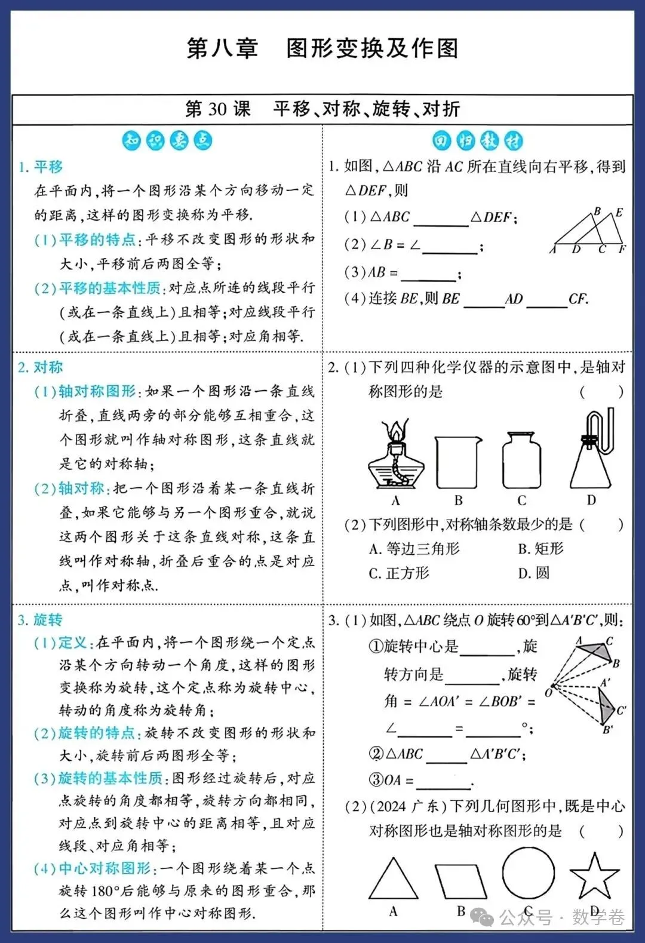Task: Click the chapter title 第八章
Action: coord(222,48)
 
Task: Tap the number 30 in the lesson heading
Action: coord(217,109)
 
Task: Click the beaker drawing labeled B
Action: coord(458,463)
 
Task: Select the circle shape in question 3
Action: coord(528,873)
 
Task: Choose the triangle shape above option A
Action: coord(393,880)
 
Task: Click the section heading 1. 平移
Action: coord(41,167)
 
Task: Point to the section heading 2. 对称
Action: coord(41,367)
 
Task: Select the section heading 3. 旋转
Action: coord(40,620)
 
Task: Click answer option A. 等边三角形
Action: coord(414,549)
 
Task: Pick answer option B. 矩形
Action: coord(540,549)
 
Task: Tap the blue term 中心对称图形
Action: coord(105,868)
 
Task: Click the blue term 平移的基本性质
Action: coord(110,288)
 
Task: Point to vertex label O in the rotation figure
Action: coord(548,692)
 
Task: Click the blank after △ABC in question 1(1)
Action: coord(441,219)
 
